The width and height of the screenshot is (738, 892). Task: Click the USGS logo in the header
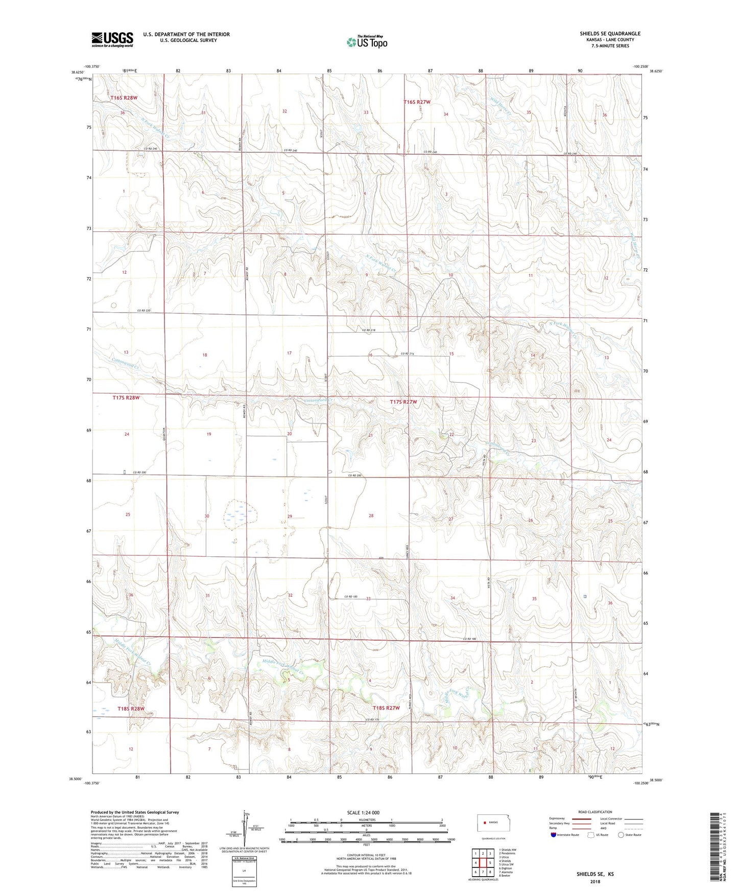(x=112, y=39)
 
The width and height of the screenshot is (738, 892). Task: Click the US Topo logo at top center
(x=367, y=42)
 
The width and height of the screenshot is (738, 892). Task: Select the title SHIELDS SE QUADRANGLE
(x=610, y=34)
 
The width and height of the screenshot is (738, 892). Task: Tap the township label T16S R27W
(x=417, y=102)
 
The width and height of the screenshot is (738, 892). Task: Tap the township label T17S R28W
(x=126, y=397)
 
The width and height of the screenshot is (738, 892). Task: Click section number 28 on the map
(x=371, y=515)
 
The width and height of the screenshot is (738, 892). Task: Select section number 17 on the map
(x=289, y=353)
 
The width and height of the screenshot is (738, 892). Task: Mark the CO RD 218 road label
(x=369, y=331)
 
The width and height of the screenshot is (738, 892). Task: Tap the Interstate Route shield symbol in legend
(x=554, y=835)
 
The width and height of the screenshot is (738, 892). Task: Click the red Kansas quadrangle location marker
(x=483, y=823)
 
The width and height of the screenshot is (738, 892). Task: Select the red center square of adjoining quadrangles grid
(x=483, y=863)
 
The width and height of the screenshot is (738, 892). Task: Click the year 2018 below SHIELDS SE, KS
(x=595, y=882)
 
